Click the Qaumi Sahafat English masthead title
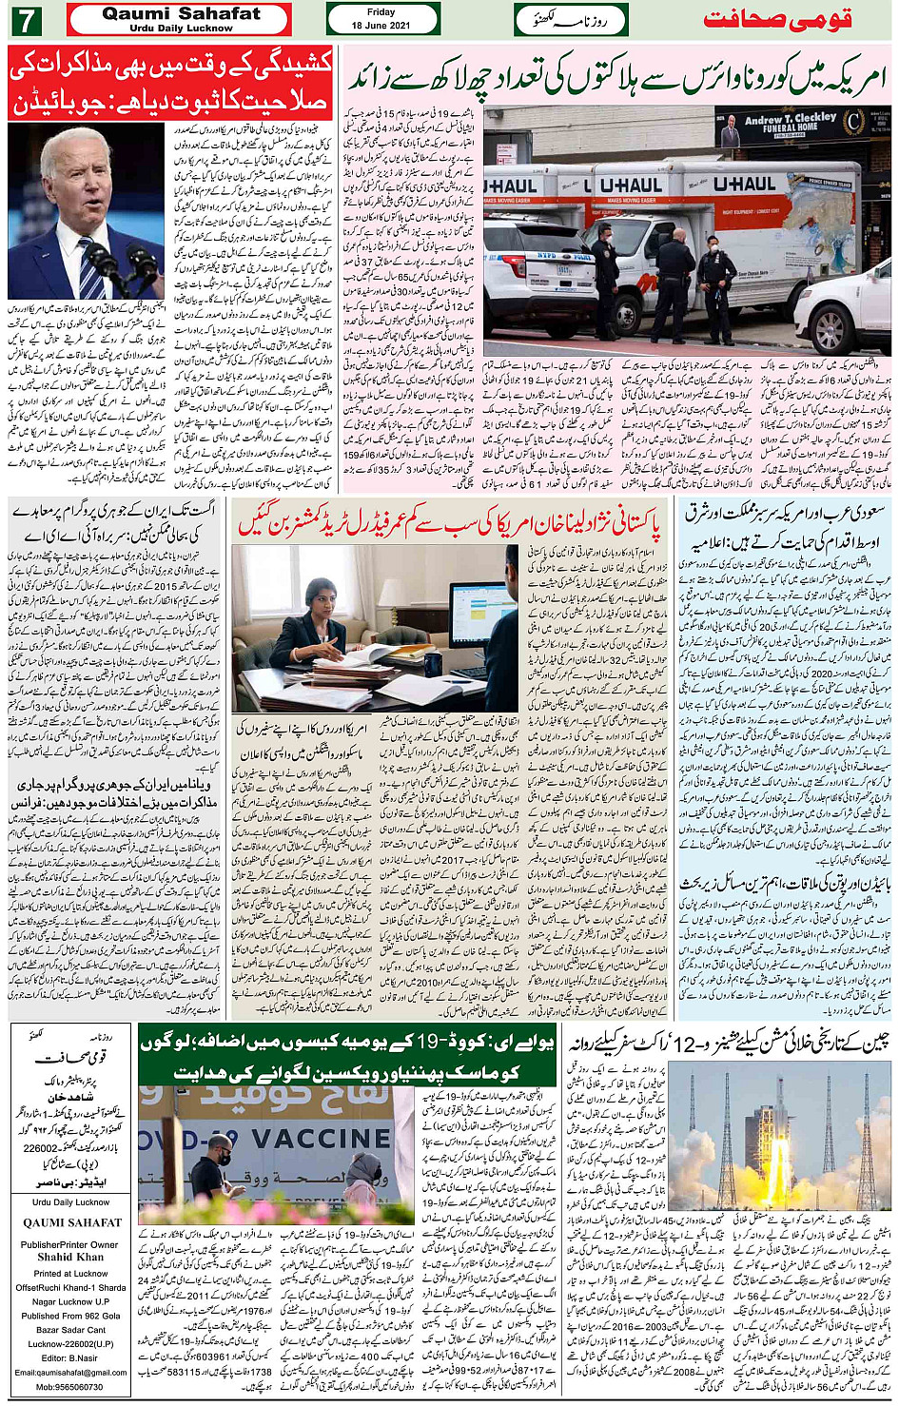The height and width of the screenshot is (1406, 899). tap(181, 14)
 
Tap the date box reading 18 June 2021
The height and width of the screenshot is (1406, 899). tap(381, 19)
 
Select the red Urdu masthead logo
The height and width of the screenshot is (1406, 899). tap(776, 20)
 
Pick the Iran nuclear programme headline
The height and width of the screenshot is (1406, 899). tap(114, 521)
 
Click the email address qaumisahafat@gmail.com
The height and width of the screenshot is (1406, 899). tap(71, 1372)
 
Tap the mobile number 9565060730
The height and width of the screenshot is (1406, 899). tap(71, 1386)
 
